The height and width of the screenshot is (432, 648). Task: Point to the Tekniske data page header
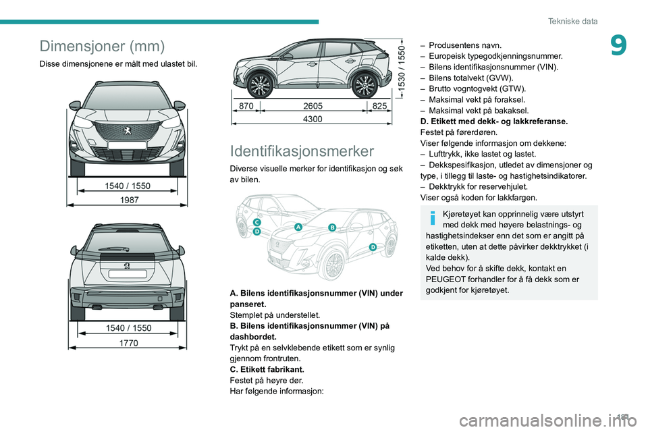(574, 22)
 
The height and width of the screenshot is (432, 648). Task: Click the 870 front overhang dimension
(246, 106)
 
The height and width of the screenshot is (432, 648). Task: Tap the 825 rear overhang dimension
(379, 106)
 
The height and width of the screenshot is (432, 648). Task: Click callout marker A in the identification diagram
(298, 227)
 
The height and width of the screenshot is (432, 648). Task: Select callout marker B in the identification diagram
(332, 228)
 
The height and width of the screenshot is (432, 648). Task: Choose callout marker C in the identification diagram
(257, 222)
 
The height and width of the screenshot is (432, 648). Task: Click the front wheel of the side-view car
(260, 84)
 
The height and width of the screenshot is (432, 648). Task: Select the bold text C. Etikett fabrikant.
(267, 369)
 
